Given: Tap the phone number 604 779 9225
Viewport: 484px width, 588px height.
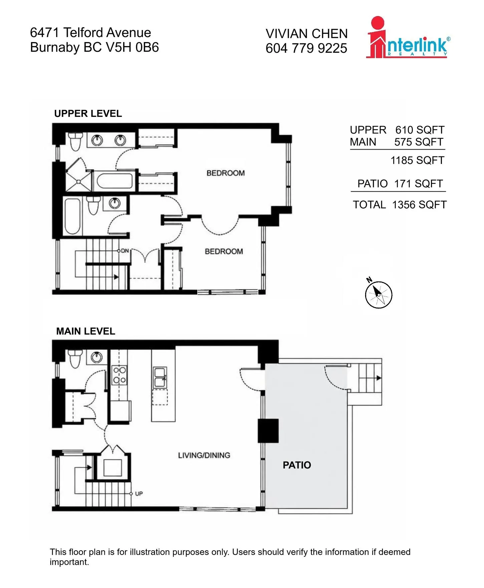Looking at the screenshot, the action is [306, 48].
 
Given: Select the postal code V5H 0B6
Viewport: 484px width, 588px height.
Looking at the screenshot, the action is [133, 47].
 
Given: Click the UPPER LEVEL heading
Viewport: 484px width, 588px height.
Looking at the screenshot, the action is [88, 114].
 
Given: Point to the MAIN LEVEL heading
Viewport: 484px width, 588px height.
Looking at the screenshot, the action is [86, 331].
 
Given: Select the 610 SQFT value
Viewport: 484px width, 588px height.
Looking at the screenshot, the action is [420, 130].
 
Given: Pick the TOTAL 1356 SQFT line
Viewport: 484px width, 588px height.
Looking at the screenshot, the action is [400, 205].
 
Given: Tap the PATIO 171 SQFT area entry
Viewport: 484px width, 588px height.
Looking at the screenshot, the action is [400, 184].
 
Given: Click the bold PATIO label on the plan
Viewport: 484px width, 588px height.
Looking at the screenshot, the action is [297, 465].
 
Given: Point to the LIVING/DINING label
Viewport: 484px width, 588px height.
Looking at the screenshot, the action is [204, 455].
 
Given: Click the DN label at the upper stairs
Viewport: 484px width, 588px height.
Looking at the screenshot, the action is [125, 250].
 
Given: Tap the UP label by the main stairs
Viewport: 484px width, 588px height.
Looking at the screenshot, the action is [139, 494].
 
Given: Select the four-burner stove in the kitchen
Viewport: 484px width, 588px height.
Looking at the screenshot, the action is [119, 375].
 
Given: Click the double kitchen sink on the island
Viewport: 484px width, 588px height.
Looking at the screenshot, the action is [160, 378].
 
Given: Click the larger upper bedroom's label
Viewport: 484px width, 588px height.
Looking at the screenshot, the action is [226, 173].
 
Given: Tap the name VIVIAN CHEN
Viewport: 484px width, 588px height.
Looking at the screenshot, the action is [307, 34].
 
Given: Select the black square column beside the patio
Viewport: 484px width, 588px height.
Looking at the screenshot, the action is [268, 431].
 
